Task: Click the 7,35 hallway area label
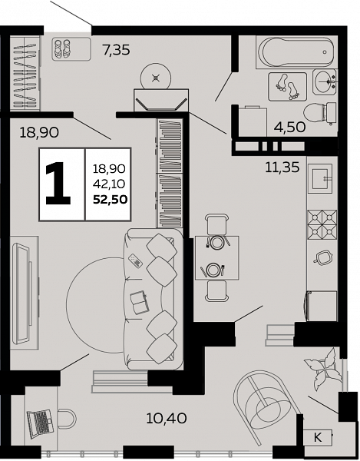116,50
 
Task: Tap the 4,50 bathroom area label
290,127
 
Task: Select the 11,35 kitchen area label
282,167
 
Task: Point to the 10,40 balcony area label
167,418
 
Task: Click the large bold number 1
58,183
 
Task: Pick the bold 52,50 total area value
110,200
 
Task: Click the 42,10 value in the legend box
109,184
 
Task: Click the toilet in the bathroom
319,113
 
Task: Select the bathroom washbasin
325,82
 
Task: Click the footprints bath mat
287,87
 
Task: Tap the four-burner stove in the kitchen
322,224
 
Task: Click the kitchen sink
320,179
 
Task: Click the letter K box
318,437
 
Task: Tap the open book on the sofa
140,303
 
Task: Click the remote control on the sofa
136,260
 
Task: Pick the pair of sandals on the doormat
62,49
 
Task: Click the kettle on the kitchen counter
322,257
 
